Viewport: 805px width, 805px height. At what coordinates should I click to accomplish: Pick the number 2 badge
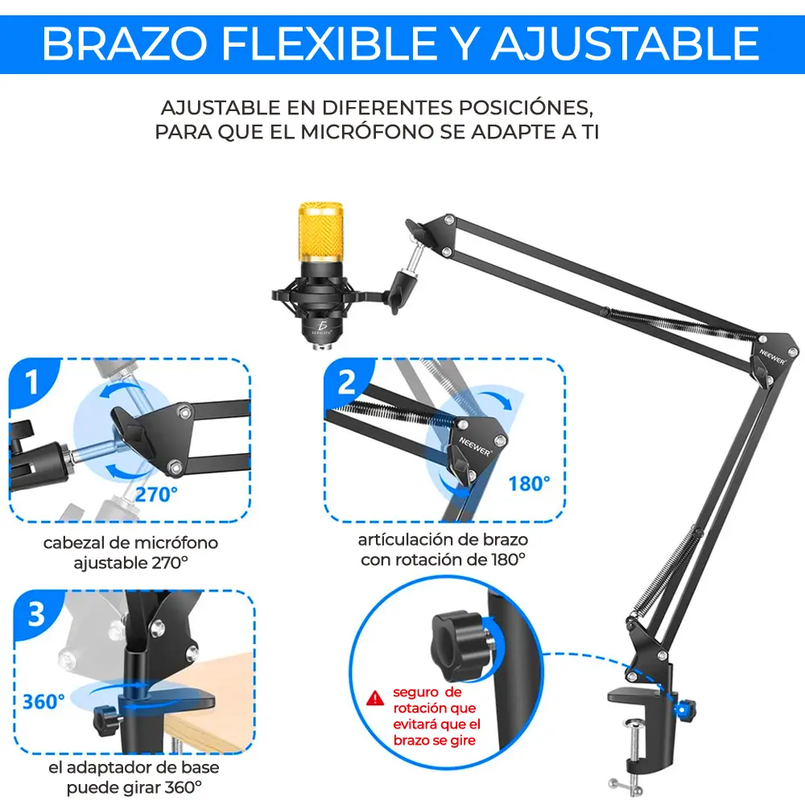click(347, 382)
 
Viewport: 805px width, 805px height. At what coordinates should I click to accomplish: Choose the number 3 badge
click(36, 615)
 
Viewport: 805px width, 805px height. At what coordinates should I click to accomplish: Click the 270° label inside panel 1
click(156, 494)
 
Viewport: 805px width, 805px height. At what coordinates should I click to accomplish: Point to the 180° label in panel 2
click(529, 483)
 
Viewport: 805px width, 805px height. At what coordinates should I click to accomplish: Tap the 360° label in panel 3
click(43, 701)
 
